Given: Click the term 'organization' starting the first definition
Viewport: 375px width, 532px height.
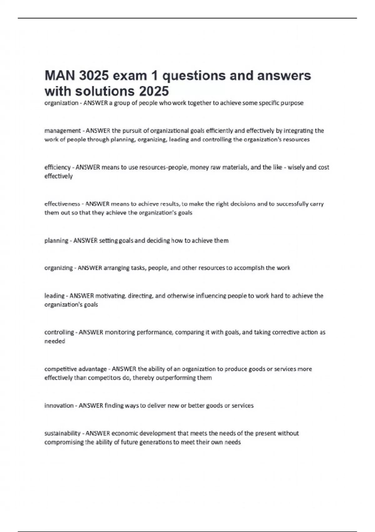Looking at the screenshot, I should click(x=61, y=103).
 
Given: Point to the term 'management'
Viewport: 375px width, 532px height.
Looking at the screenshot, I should click(x=62, y=130).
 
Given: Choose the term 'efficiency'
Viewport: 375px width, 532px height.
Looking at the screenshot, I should click(x=57, y=167).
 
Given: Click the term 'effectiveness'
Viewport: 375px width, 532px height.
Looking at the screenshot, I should click(x=62, y=204).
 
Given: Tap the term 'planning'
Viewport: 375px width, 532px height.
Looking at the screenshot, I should click(x=56, y=240).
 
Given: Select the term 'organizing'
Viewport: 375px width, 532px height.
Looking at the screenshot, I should click(x=58, y=268).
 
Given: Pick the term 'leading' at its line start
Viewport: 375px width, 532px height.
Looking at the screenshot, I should click(x=54, y=296).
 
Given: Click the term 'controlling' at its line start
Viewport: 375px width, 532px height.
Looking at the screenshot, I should click(x=59, y=332).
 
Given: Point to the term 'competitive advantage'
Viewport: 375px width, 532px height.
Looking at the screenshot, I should click(x=75, y=369).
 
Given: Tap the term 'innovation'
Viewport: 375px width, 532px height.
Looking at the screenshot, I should click(x=59, y=406).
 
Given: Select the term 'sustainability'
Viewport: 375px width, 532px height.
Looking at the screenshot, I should click(x=62, y=433).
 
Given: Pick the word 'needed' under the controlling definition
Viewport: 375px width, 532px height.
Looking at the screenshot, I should click(x=55, y=341).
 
